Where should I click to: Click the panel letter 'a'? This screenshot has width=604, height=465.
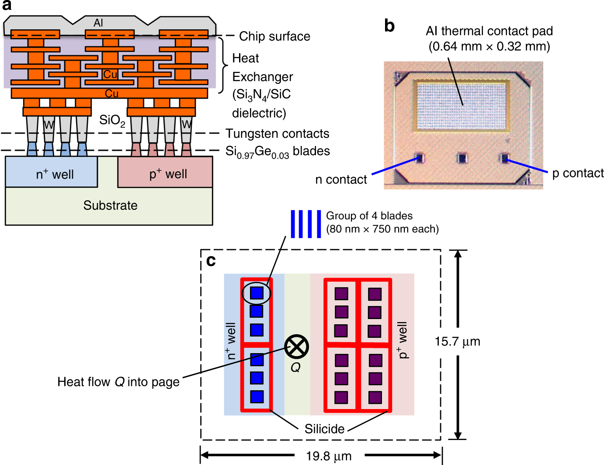pos(7,6)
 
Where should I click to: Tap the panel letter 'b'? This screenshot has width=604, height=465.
pos(389,26)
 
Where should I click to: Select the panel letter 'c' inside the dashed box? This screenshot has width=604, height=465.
pos(211,261)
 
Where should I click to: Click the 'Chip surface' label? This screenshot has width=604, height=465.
pos(274,36)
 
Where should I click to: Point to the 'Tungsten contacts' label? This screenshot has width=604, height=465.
pos(277,133)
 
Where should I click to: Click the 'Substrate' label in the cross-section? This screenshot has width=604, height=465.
pos(110,205)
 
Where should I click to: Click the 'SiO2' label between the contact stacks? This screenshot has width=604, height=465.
pos(112,120)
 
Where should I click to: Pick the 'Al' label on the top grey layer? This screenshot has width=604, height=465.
pos(98,23)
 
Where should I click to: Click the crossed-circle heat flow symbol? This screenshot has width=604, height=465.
pos(296,347)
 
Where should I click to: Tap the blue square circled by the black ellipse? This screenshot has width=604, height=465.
pos(257,292)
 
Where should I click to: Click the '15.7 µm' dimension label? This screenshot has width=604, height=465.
pos(457,341)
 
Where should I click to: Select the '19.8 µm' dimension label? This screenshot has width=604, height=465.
pos(329,456)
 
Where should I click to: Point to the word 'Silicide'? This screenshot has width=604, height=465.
pos(324,429)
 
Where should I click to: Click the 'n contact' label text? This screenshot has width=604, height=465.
pos(341,180)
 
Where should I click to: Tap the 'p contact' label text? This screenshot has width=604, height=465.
pos(578,174)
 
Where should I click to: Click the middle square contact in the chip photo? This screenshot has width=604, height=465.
pos(462,157)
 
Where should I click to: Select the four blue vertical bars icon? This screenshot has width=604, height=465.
pos(306,224)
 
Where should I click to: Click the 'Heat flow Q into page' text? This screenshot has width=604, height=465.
pos(118,382)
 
